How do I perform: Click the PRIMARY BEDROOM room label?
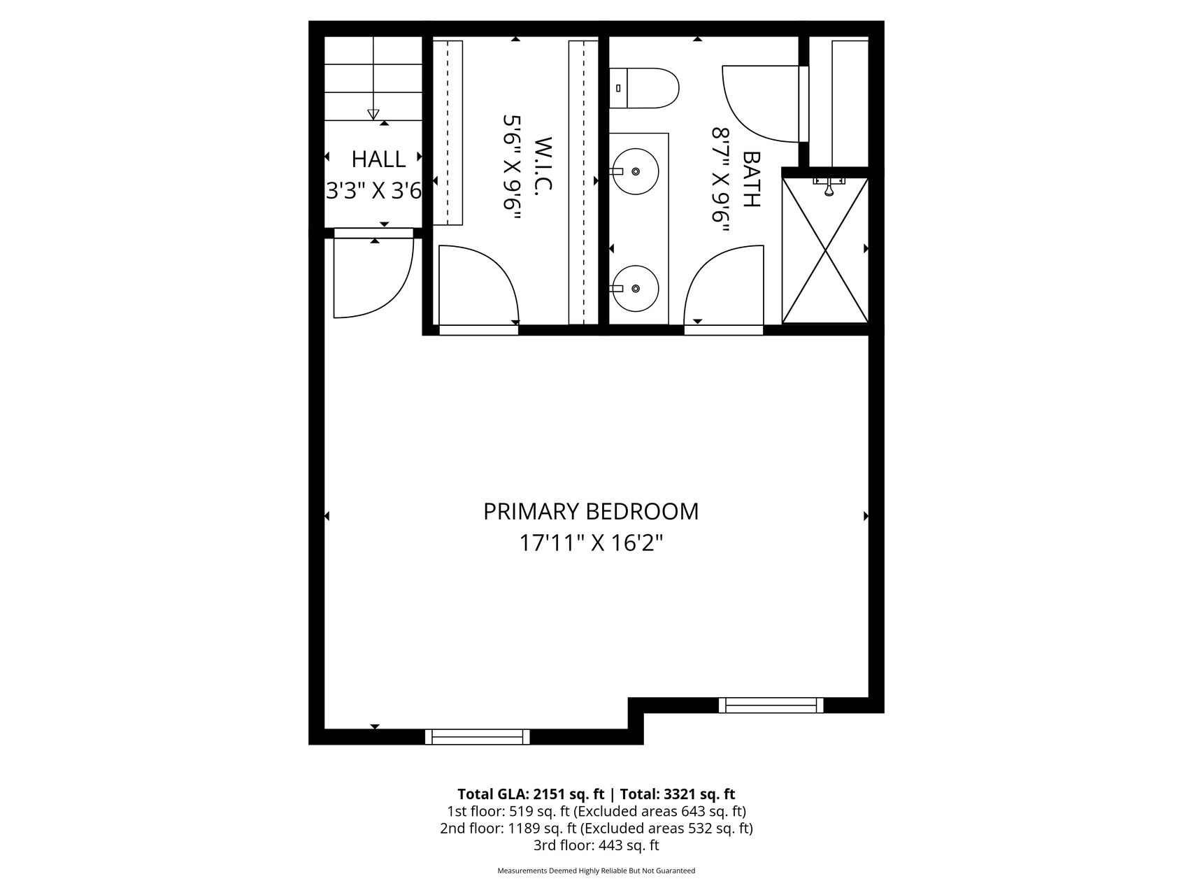tap(591, 512)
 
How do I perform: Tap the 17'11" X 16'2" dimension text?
tap(591, 543)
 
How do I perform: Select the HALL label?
tap(378, 159)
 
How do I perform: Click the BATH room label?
tap(751, 180)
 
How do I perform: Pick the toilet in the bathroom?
tap(643, 88)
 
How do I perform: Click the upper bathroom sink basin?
tap(635, 171)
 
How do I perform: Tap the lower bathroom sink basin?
tap(635, 288)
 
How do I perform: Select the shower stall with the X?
tap(825, 250)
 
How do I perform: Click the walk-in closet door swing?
tap(478, 286)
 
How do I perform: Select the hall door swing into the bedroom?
tap(373, 278)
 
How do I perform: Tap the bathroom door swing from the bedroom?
tap(724, 285)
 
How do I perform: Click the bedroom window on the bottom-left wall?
tap(478, 736)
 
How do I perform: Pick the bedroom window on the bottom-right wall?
tap(771, 705)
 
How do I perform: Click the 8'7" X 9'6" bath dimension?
tap(721, 184)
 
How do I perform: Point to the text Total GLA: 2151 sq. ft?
tap(531, 794)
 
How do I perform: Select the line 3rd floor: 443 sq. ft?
tap(596, 845)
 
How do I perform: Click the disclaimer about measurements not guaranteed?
tap(596, 871)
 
